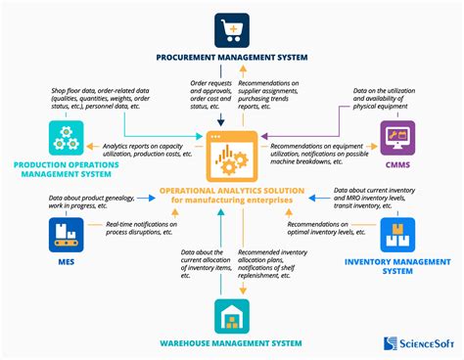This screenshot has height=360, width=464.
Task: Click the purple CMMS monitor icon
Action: (398, 137)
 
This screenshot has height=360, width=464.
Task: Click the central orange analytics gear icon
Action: (233, 155)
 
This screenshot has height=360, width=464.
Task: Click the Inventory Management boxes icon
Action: (398, 234)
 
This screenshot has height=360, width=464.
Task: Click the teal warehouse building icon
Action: (232, 315)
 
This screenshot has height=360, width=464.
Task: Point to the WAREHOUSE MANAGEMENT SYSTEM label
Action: (232, 343)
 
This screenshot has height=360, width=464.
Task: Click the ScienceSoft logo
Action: (416, 342)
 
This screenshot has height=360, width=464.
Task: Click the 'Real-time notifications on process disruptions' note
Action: (129, 228)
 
